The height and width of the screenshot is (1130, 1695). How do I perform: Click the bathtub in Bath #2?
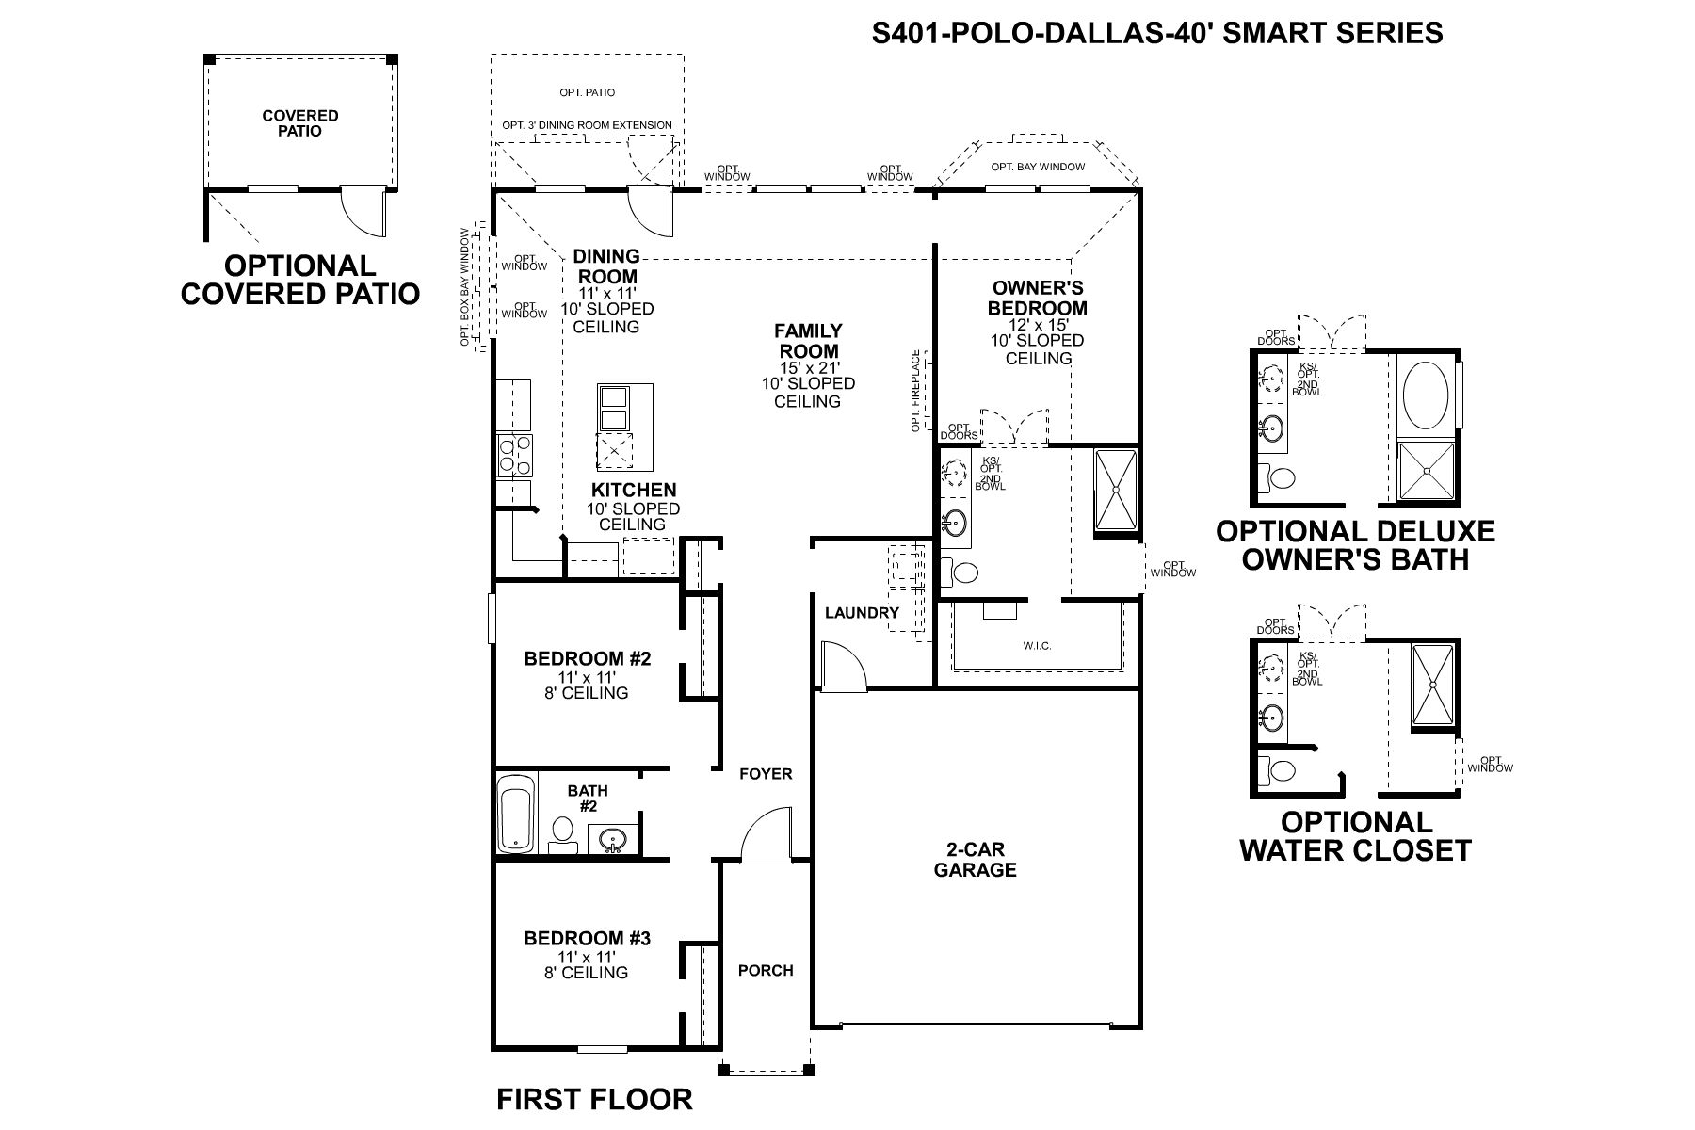click(x=515, y=813)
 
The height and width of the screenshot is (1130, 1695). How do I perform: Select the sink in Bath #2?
click(x=614, y=837)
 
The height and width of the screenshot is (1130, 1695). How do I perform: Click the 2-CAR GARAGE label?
click(x=975, y=860)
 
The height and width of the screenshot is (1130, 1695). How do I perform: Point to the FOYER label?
click(x=766, y=774)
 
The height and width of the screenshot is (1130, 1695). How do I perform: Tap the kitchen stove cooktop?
click(x=514, y=456)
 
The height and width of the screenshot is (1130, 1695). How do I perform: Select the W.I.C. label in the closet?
click(x=1037, y=645)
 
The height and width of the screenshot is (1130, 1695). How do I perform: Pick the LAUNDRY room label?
click(x=862, y=613)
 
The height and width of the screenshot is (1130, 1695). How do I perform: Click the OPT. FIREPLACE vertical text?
click(x=915, y=391)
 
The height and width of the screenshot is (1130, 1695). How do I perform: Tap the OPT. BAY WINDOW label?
click(x=1037, y=168)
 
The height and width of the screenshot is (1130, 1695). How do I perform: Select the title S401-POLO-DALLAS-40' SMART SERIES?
click(x=1157, y=33)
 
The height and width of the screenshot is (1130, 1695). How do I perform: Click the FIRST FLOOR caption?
click(x=594, y=1099)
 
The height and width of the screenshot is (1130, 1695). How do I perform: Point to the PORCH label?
click(x=766, y=970)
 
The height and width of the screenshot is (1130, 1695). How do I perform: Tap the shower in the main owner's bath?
click(x=1116, y=492)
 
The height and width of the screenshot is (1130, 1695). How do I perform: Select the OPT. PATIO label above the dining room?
click(x=586, y=93)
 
